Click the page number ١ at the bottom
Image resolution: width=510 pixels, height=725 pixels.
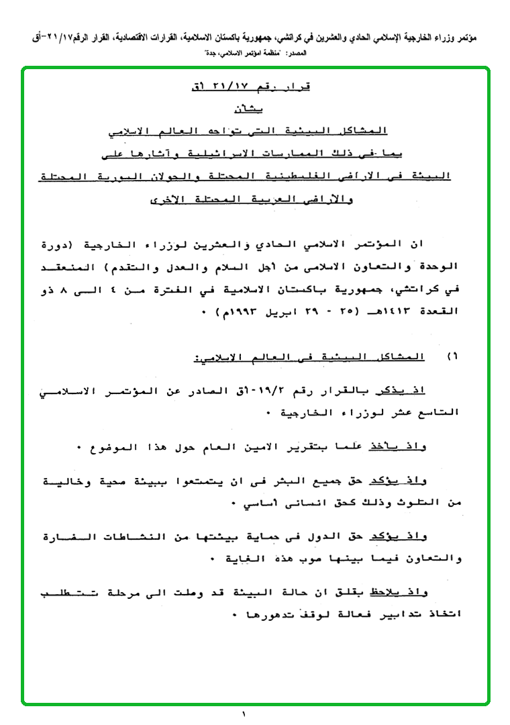(x=244, y=715)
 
